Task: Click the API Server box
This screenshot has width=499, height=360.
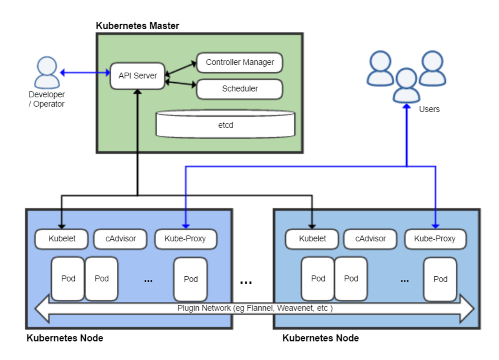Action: coord(137,76)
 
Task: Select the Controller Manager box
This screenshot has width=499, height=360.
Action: coord(239,62)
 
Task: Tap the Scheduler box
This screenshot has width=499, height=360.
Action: coord(239,89)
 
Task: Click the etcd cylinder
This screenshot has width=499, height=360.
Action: coord(225,125)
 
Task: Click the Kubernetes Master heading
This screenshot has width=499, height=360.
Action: coord(137,26)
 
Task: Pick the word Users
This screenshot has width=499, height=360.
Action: coord(429,109)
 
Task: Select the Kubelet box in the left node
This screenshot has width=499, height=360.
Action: coord(62,239)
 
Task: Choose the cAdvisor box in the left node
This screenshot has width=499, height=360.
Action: coord(120,239)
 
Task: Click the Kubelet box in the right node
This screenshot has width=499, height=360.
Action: coord(312,239)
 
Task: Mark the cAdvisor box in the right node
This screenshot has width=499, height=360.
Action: coord(370,239)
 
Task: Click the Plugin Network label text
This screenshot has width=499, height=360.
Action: coord(255,308)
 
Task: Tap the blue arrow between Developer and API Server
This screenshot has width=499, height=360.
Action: coord(85,73)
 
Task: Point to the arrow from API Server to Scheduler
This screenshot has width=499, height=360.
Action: coord(180,83)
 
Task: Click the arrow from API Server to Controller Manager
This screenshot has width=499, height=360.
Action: coord(180,68)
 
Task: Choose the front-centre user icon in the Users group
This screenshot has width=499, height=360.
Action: coord(407,85)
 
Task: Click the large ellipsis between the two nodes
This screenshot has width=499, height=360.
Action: coord(246,282)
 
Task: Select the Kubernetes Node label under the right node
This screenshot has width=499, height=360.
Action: coord(320,338)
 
